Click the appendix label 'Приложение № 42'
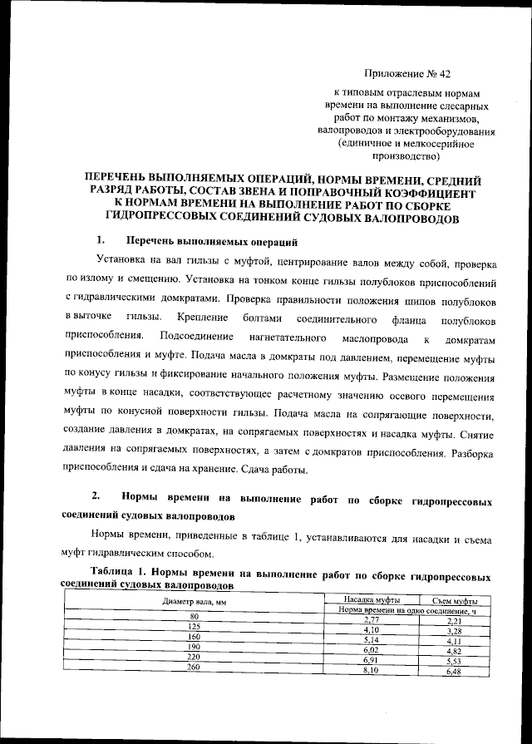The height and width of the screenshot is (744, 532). (406, 75)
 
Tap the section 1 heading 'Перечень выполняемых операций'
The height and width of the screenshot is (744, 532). (211, 242)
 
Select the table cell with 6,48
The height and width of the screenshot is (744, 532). (454, 672)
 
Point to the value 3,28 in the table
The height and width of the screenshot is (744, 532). (454, 631)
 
